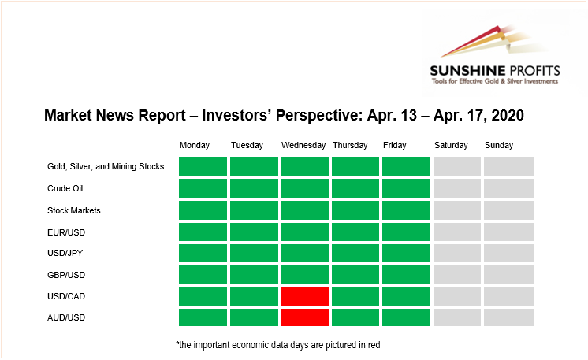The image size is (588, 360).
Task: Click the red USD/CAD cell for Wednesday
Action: [304, 296]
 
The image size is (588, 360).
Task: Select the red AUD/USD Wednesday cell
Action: [304, 317]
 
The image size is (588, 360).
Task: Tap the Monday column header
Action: [194, 146]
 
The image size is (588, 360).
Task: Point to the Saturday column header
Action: [451, 146]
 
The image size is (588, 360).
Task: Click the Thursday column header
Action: [350, 146]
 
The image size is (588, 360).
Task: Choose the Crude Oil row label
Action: [65, 188]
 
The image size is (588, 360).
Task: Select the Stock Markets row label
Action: [74, 210]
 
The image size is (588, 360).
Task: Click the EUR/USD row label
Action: [66, 232]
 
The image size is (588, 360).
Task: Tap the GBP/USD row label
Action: [66, 275]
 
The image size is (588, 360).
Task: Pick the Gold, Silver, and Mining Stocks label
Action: [106, 166]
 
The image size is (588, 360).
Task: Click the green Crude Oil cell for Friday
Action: [406, 188]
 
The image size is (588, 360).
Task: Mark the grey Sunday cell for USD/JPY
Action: [508, 253]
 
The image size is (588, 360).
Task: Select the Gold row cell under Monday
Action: [203, 166]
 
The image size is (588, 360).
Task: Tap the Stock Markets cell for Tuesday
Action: [254, 210]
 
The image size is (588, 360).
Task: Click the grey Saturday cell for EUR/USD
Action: [457, 232]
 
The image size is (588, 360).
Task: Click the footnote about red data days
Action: [278, 345]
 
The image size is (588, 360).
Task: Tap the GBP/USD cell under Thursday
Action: [355, 275]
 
